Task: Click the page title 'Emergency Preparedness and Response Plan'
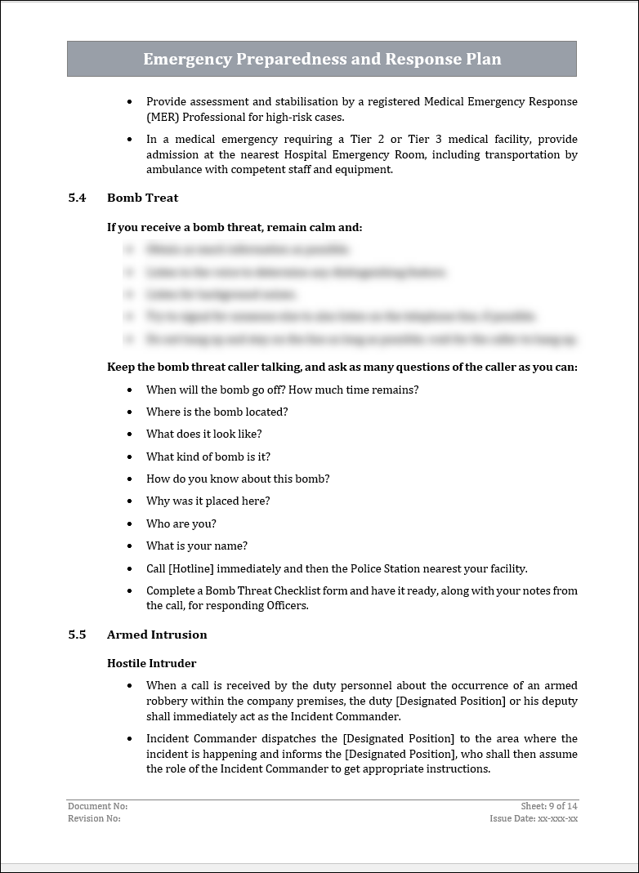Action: click(x=322, y=59)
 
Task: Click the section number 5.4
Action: click(x=77, y=198)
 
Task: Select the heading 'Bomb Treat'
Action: click(x=142, y=198)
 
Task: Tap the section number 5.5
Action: click(x=77, y=635)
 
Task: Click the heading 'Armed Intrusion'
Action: click(x=157, y=635)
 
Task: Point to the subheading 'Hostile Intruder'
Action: click(x=151, y=663)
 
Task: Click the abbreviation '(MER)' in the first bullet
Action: click(x=163, y=117)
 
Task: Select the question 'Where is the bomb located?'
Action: click(x=217, y=412)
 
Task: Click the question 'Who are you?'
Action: click(x=181, y=523)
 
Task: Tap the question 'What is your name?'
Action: click(x=197, y=546)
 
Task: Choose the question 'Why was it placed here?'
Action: click(x=208, y=501)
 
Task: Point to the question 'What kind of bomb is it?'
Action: click(x=208, y=457)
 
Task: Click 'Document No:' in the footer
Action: click(x=97, y=806)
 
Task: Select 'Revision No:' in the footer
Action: click(x=94, y=818)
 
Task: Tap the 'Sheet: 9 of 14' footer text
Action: click(x=549, y=806)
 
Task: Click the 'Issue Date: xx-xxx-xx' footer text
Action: click(x=534, y=818)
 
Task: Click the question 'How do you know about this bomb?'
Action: click(x=238, y=479)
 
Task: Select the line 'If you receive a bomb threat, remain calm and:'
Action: click(x=235, y=227)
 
